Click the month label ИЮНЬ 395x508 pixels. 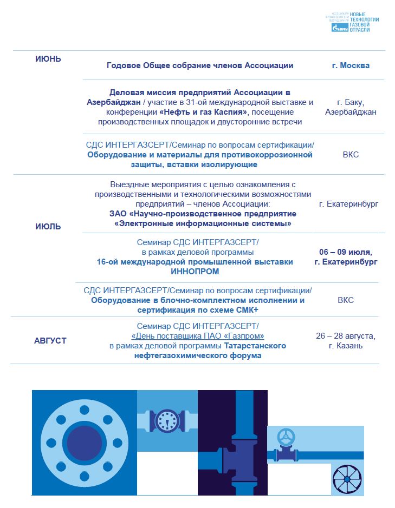pos(48,60)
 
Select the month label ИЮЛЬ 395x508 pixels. pos(48,227)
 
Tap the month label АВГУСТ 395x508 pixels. pos(50,340)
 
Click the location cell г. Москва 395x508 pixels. pos(351,65)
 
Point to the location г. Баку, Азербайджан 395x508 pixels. pos(350,107)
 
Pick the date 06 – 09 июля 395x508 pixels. pos(346,252)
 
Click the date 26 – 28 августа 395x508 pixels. pos(346,336)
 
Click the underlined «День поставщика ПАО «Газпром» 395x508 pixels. pos(198,335)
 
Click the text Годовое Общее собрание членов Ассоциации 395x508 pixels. pos(200,65)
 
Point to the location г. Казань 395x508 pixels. pos(346,346)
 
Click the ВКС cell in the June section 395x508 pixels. pos(351,155)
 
